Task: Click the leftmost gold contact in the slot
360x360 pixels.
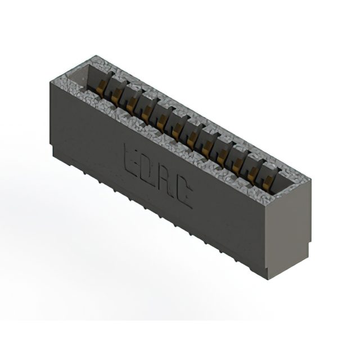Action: (102, 87)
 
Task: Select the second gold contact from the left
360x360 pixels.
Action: (116, 96)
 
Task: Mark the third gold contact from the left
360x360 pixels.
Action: (132, 104)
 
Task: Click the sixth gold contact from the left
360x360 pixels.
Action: (177, 130)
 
